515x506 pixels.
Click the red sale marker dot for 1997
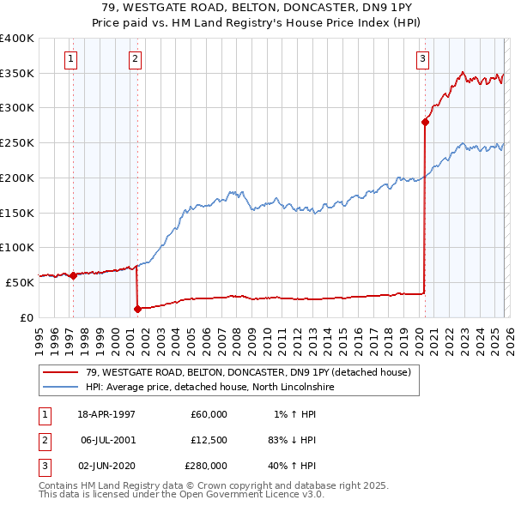click(73, 275)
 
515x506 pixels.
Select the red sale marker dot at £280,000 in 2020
click(425, 122)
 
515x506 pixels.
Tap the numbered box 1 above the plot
click(70, 59)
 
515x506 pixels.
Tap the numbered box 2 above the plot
click(136, 59)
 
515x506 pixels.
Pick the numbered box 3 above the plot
click(423, 59)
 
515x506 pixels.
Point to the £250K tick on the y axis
click(17, 143)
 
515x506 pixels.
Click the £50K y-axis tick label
click(20, 282)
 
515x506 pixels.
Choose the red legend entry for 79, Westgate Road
click(249, 372)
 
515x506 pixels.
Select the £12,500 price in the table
click(207, 440)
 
